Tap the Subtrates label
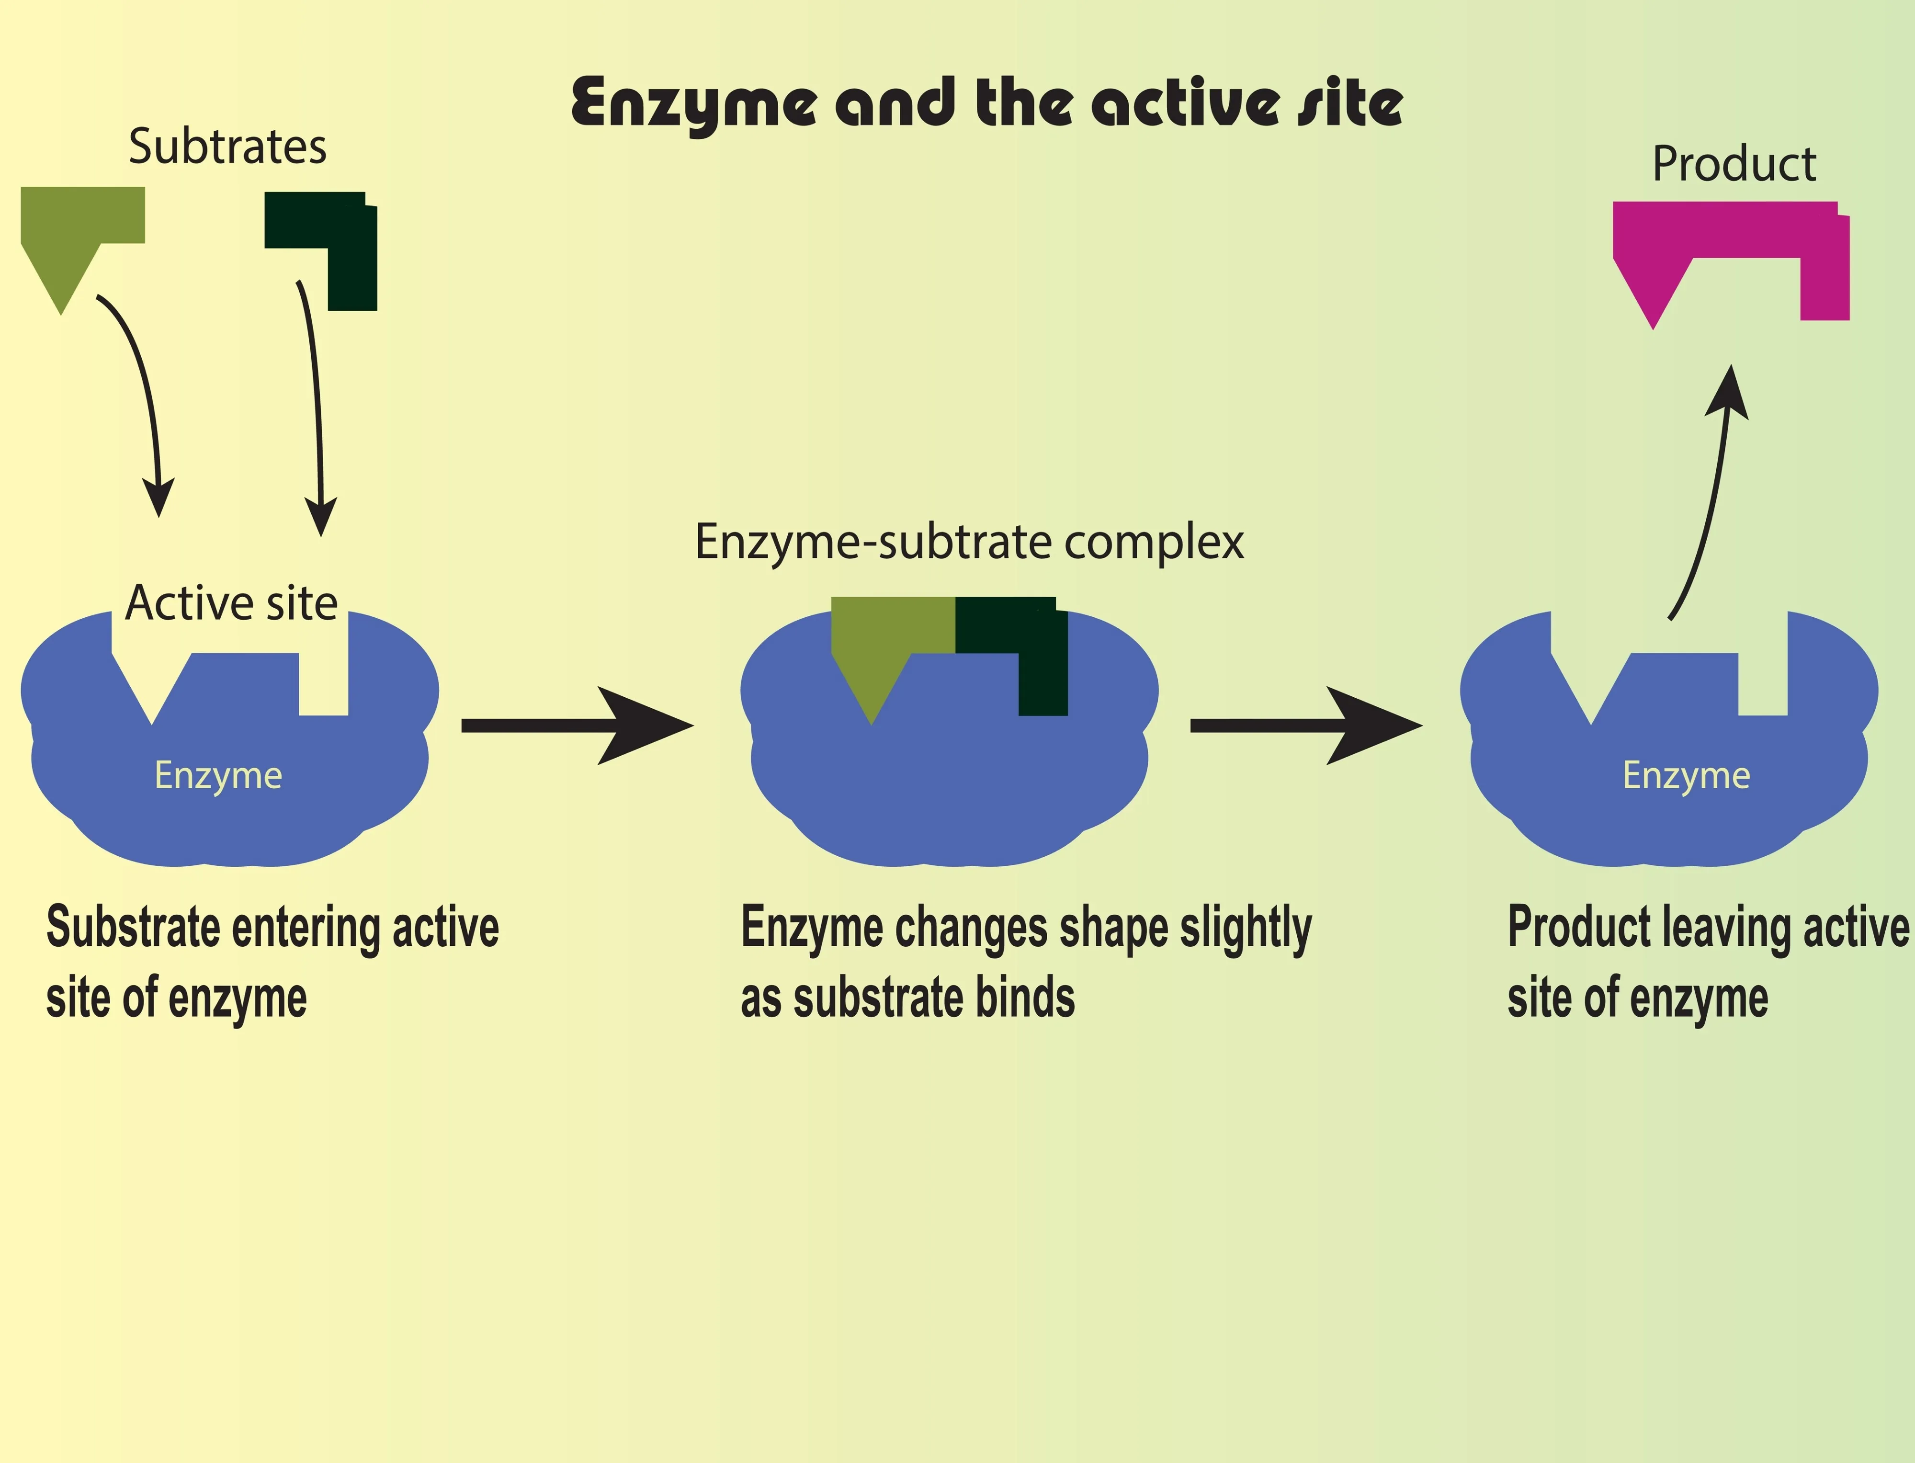pos(227,147)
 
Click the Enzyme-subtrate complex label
pos(968,542)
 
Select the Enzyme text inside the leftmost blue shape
pos(218,775)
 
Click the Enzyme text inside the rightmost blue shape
pos(1686,775)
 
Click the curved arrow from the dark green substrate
pos(315,400)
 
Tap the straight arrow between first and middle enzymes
pos(575,726)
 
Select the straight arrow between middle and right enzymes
pos(1303,726)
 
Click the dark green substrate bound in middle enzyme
pos(1028,645)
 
